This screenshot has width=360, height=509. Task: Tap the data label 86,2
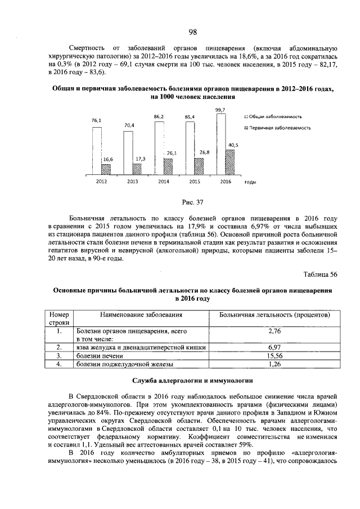pyautogui.click(x=159, y=116)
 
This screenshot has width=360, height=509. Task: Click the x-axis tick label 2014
pyautogui.click(x=163, y=182)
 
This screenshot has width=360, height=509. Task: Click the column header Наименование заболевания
pyautogui.click(x=141, y=315)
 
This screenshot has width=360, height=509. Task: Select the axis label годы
pyautogui.click(x=251, y=182)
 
